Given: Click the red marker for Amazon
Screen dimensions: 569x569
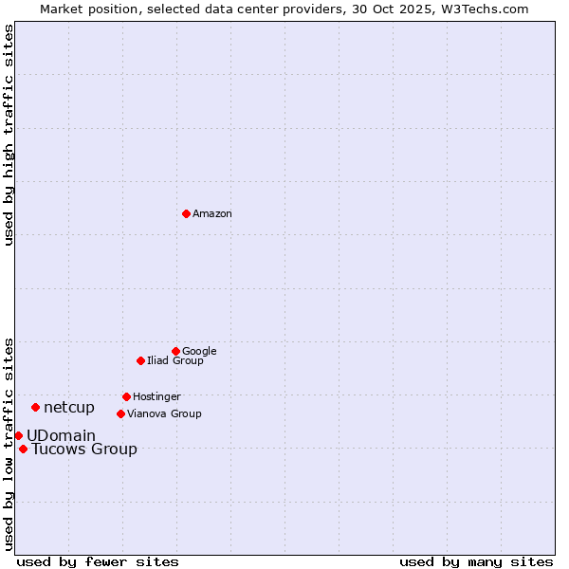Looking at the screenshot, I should point(186,213).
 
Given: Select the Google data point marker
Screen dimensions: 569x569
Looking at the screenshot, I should point(175,351).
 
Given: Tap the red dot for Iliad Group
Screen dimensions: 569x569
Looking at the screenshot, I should point(140,360).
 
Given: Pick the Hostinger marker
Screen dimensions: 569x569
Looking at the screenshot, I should point(126,396).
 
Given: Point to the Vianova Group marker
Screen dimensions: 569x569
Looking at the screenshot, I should point(120,413).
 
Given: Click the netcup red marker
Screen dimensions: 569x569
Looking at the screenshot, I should point(35,407).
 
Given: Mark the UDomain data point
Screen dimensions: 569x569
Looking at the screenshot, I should point(18,435).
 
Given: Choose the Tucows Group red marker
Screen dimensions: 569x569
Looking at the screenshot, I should point(23,449).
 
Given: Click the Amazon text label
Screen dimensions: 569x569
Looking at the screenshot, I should point(212,214).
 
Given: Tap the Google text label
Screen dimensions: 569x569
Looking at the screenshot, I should point(199,351).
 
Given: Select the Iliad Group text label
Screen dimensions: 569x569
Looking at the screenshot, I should point(175,360).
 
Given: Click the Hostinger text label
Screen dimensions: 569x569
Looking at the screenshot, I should point(156,396).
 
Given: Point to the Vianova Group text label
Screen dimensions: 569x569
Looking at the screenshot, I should point(164,413).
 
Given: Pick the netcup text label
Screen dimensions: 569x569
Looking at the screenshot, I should point(69,408).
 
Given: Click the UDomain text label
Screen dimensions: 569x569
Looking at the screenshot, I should point(61,436).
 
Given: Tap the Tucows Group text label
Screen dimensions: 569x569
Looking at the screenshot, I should point(84,450).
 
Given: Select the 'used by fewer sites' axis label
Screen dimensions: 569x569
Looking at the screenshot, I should point(98,561).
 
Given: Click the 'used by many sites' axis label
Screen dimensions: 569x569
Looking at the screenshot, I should point(476,561).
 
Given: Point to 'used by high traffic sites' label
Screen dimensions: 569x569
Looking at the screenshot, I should point(9,135).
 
